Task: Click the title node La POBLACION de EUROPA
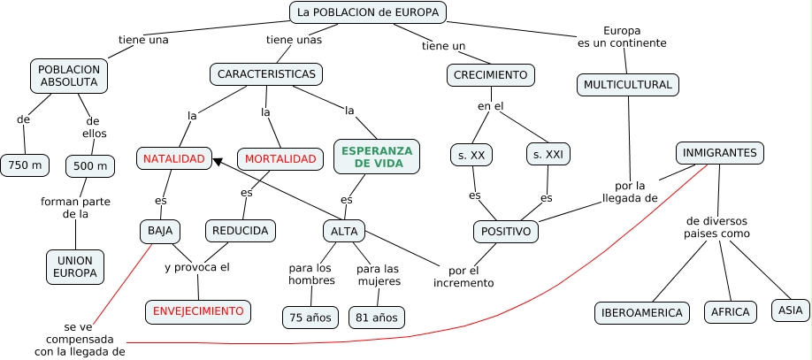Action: (x=367, y=12)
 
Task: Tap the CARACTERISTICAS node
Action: (x=266, y=74)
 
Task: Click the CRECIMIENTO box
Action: (x=491, y=75)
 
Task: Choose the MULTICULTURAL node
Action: (x=628, y=85)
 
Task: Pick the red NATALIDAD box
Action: (x=174, y=159)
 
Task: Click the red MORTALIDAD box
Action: (x=280, y=159)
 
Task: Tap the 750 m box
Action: (x=25, y=165)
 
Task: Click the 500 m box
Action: (x=90, y=166)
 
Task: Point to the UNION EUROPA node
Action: (x=75, y=267)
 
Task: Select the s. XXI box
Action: (x=548, y=155)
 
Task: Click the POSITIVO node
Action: (x=506, y=232)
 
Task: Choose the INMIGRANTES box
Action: (x=720, y=153)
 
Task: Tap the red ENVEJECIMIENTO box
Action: (x=198, y=311)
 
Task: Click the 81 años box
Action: (x=376, y=317)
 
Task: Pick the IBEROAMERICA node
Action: (x=642, y=312)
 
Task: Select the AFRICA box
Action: (x=731, y=311)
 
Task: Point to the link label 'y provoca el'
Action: (x=196, y=267)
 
